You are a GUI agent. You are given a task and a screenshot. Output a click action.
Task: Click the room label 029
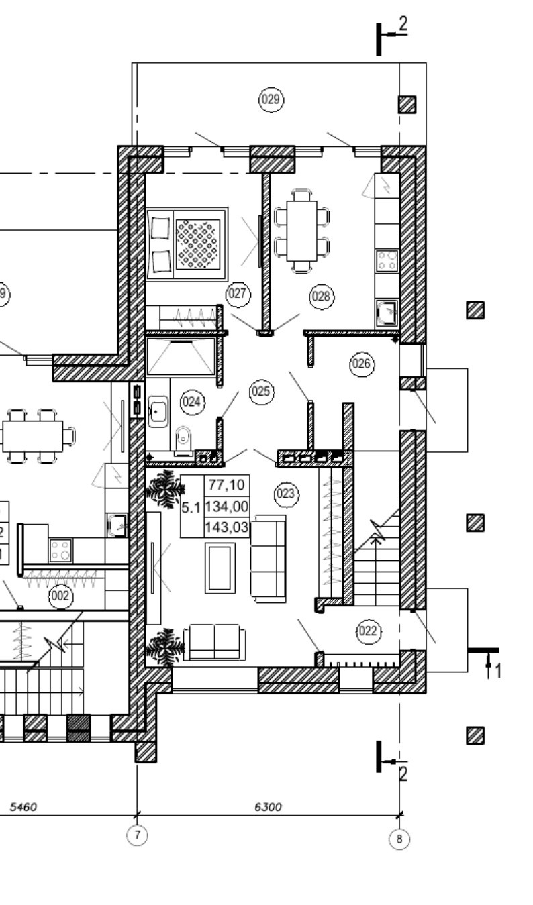click(x=271, y=100)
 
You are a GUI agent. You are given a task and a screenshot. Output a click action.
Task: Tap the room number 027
click(x=238, y=293)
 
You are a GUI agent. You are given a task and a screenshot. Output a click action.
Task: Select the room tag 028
click(x=322, y=296)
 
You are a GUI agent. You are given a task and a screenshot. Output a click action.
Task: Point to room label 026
click(x=362, y=364)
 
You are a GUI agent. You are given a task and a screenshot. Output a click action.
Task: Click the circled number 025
click(x=261, y=391)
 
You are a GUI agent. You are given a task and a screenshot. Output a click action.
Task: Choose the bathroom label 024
click(x=192, y=403)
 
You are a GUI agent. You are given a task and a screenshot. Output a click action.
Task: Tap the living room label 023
click(x=286, y=494)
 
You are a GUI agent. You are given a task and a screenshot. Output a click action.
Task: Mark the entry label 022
click(x=368, y=631)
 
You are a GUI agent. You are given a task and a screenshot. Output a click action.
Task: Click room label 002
click(x=60, y=595)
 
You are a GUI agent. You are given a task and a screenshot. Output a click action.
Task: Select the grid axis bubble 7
click(x=138, y=835)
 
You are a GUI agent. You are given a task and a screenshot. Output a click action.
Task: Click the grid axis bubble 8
click(x=399, y=839)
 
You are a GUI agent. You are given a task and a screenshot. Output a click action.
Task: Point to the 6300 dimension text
click(x=268, y=807)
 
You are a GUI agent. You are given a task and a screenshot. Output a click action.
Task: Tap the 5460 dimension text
click(x=23, y=807)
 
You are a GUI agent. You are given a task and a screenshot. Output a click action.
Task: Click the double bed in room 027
click(x=187, y=244)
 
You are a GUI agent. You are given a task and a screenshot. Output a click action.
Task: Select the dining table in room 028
click(x=301, y=231)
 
